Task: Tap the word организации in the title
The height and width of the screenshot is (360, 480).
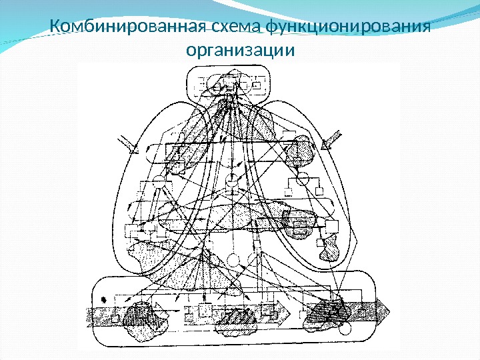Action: coord(239,50)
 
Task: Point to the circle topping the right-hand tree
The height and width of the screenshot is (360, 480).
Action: coord(305,177)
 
